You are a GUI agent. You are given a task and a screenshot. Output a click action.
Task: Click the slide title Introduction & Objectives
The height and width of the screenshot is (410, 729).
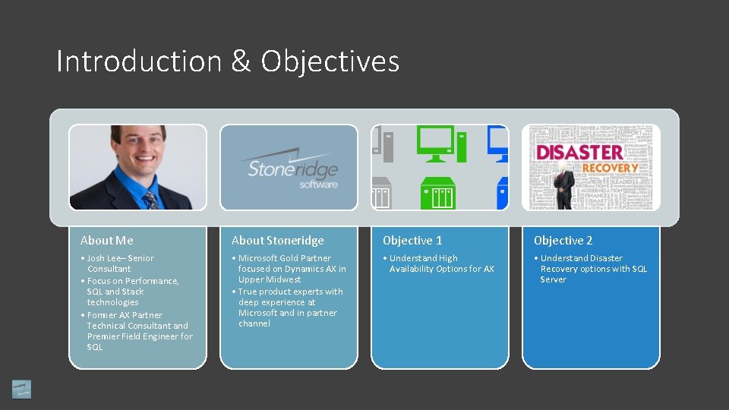point(228,61)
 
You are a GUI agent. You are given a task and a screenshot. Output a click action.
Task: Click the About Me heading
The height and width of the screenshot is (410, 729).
point(107,241)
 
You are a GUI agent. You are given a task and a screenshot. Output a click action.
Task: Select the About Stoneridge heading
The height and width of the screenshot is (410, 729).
point(277,241)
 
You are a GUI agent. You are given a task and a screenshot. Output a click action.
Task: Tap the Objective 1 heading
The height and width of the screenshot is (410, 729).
point(412,241)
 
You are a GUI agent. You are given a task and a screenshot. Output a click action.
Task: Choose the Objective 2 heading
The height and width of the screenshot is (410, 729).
point(563,241)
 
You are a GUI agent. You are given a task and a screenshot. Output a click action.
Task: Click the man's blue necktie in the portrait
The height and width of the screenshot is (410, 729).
point(150,199)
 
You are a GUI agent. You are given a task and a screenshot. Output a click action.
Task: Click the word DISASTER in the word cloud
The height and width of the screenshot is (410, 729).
point(580,152)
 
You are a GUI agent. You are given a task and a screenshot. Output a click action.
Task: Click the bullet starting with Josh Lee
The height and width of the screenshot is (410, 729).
point(119,263)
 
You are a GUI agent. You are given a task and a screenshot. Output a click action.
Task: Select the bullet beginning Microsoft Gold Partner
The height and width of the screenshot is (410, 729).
point(289,269)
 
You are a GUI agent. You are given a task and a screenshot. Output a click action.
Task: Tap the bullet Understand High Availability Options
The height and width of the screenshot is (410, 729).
point(440,263)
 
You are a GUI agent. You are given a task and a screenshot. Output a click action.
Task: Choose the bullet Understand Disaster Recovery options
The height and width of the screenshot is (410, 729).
point(592,269)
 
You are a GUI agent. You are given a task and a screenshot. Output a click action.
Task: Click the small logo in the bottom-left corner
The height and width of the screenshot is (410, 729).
point(22,389)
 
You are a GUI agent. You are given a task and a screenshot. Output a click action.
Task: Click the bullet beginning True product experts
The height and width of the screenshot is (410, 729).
point(289,307)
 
